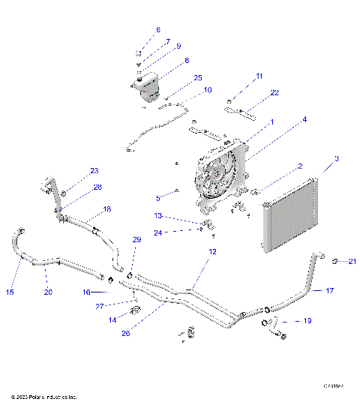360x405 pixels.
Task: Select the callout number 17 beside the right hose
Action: point(329,290)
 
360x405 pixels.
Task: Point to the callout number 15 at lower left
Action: point(10,291)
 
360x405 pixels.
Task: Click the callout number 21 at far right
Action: point(352,261)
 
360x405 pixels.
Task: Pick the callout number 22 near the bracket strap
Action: point(253,92)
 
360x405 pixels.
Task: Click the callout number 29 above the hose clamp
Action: point(136,240)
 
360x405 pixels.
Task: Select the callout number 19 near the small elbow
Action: point(307,320)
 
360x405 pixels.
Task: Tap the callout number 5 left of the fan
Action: point(158,199)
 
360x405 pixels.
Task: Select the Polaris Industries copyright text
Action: point(43,396)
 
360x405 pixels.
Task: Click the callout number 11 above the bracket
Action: point(259,76)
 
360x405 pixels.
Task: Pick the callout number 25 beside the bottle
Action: point(198,77)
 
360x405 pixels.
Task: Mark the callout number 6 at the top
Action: point(157,30)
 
